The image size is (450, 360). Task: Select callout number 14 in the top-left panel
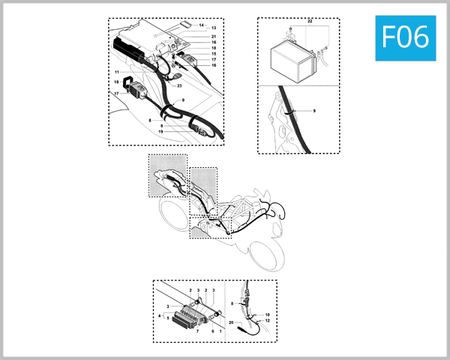tap(202, 25)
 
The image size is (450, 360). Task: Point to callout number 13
tap(213, 28)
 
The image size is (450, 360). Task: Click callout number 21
tap(214, 37)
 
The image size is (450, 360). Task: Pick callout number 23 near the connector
tap(180, 85)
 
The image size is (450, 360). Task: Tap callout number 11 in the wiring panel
tap(117, 72)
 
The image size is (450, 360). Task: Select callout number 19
tap(160, 131)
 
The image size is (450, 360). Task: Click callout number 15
tap(214, 54)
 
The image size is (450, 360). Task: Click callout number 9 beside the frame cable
tap(313, 111)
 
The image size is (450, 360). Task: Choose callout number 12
tap(267, 321)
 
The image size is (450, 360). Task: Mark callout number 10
tap(267, 315)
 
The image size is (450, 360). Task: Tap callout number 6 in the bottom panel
tap(212, 331)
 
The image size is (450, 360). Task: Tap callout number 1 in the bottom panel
tap(220, 331)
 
